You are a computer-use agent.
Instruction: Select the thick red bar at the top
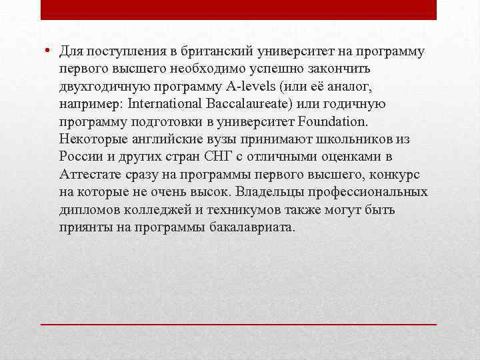[239, 9]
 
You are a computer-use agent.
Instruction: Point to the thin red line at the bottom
[239, 323]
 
